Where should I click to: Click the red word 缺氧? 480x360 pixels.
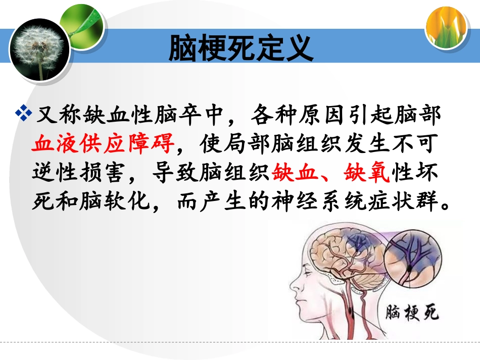point(366,173)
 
